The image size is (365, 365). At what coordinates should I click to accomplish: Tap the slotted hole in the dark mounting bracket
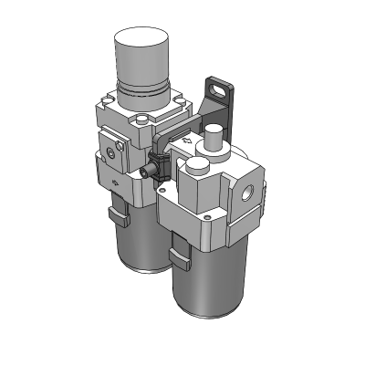216,90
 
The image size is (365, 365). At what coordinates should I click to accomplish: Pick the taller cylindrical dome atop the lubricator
214,142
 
